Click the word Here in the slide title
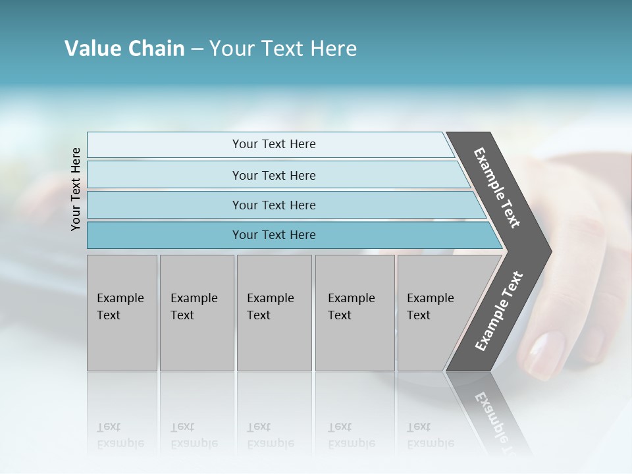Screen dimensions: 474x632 pyautogui.click(x=333, y=49)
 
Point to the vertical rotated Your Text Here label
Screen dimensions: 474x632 pyautogui.click(x=76, y=189)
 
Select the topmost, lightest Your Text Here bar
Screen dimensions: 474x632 pyautogui.click(x=273, y=144)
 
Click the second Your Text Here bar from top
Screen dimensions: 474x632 pyautogui.click(x=273, y=175)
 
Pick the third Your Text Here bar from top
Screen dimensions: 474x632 pyautogui.click(x=273, y=205)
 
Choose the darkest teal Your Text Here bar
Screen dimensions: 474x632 pyautogui.click(x=273, y=235)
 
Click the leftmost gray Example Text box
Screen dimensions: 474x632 pyautogui.click(x=122, y=313)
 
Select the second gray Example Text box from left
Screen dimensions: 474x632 pyautogui.click(x=196, y=313)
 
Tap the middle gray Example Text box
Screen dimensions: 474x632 pyautogui.click(x=274, y=313)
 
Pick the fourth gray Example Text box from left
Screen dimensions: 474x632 pyautogui.click(x=354, y=313)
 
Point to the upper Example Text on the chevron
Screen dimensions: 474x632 pyautogui.click(x=497, y=188)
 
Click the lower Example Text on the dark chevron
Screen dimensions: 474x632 pyautogui.click(x=499, y=311)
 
